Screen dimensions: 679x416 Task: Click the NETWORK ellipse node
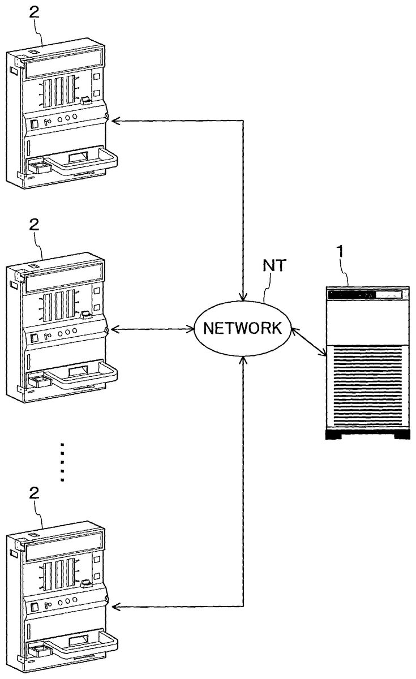(x=242, y=329)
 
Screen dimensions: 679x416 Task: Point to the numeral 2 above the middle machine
(x=33, y=225)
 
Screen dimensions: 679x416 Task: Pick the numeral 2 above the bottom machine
(x=33, y=492)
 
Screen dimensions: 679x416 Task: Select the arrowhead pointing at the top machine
(x=115, y=120)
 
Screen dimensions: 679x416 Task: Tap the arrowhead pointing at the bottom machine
(x=115, y=607)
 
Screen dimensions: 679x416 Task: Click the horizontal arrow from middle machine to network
(x=152, y=329)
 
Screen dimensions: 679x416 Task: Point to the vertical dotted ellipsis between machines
(x=63, y=461)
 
